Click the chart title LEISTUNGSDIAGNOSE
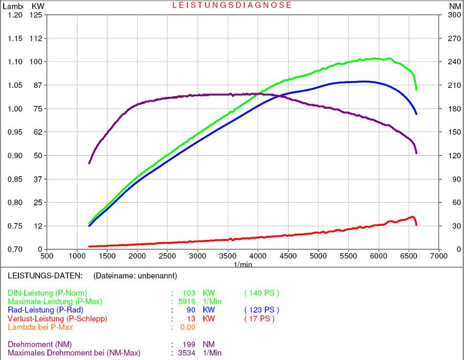pos(232,5)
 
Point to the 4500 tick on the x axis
pos(288,256)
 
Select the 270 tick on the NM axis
pos(455,38)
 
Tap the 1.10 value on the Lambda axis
pos(15,62)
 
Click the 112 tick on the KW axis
pos(36,38)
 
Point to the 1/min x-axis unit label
pos(243,264)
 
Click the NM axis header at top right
pos(455,6)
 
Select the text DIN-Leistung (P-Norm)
pos(47,293)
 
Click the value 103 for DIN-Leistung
pos(189,293)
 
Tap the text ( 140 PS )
pos(262,293)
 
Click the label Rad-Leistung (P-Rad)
pos(45,310)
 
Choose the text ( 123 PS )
pos(262,310)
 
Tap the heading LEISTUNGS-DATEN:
pos(45,275)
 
